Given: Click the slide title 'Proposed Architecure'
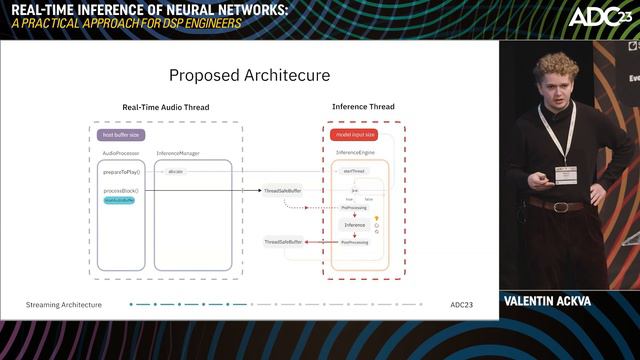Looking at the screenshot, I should pos(249,75).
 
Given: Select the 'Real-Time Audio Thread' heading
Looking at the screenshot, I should pos(166,107).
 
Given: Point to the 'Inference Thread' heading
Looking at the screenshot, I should pos(363,107).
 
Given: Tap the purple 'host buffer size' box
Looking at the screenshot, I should pos(122,134).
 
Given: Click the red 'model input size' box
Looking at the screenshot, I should pos(353,134).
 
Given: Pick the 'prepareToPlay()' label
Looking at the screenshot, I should pos(121,172).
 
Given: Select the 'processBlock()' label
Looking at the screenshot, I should pos(121,190).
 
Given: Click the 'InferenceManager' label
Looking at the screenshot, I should pos(177,153).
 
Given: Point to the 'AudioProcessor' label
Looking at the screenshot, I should pos(121,153).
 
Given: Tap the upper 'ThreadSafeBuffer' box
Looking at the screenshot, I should pos(283,190).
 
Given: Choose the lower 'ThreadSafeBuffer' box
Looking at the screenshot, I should pos(283,242).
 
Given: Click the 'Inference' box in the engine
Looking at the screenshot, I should pos(355,225).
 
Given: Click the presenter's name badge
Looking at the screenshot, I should pos(566,175).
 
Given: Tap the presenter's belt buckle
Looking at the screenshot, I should pos(560,207).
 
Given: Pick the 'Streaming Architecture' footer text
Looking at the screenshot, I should pos(64,304).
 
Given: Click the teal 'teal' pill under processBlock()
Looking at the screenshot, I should pos(119,200).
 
